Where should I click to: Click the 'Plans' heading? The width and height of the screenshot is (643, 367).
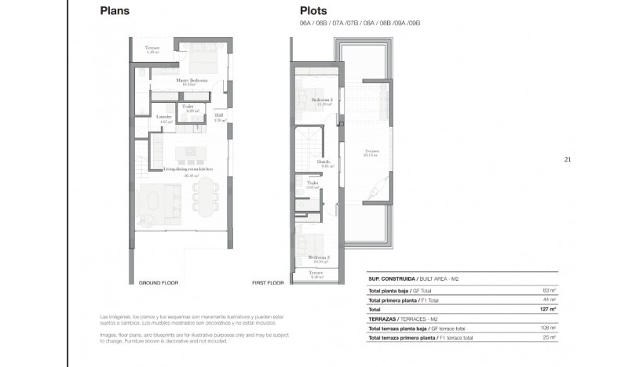(x=115, y=12)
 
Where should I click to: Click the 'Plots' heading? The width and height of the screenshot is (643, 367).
(x=314, y=12)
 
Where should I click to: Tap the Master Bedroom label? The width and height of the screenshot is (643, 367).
(x=192, y=80)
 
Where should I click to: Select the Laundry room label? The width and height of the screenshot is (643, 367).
(x=165, y=117)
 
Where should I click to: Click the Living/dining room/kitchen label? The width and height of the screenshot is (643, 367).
(x=188, y=169)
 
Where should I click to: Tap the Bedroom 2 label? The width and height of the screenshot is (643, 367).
(x=321, y=100)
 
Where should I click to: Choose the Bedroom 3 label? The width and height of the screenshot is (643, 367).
(x=319, y=257)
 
